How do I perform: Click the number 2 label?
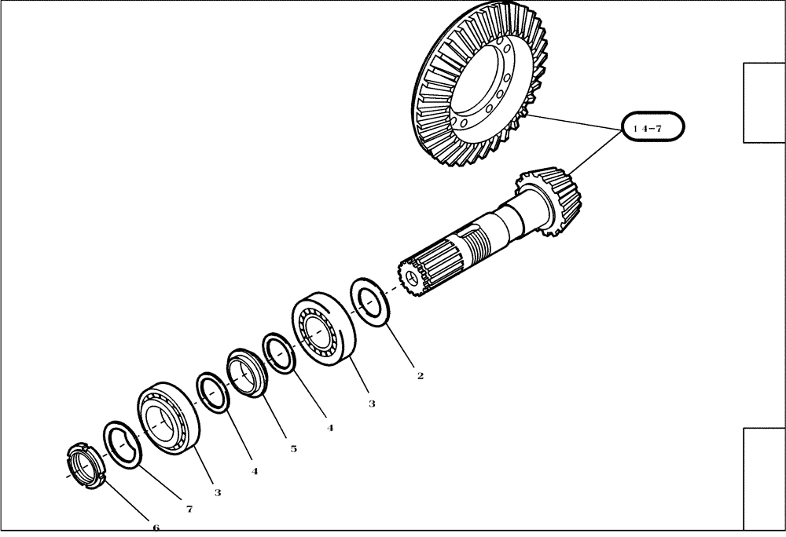pos(420,376)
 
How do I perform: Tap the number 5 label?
pos(293,449)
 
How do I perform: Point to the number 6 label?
pos(156,528)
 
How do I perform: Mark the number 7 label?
pos(189,509)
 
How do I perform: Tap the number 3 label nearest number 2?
pos(372,404)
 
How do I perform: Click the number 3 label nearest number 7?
pos(217,492)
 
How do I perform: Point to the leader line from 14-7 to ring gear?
pos(574,121)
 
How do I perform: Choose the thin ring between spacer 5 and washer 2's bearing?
pos(279,353)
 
